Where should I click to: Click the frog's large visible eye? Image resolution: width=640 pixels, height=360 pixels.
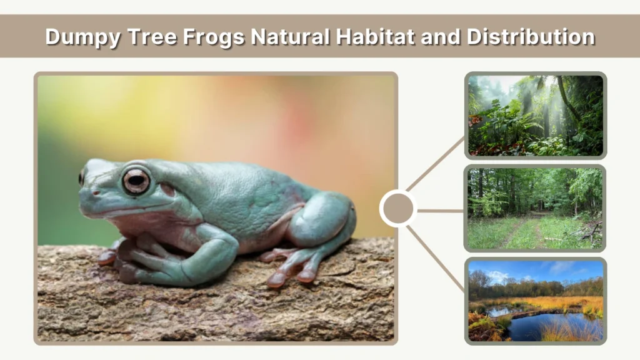[x=136, y=181]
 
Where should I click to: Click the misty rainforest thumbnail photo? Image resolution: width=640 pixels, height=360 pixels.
[x=536, y=116]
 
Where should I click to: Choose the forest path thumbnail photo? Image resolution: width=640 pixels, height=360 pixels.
[x=536, y=208]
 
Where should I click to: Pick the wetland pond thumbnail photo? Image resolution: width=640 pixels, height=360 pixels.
[x=536, y=301]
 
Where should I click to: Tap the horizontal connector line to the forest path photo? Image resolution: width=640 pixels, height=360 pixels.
[x=441, y=211]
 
